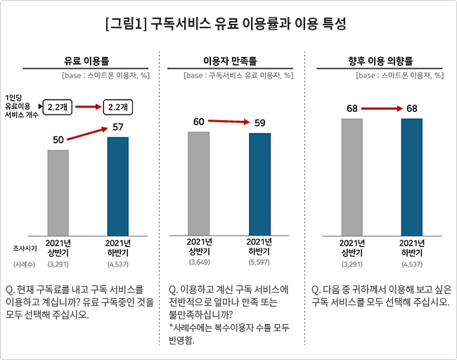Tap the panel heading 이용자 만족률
pos(229,61)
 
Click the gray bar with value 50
pos(58,190)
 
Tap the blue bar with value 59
pos(259,182)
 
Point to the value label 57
pos(117,128)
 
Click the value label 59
pos(259,123)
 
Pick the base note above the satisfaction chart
pos(238,75)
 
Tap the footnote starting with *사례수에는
pos(228,334)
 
